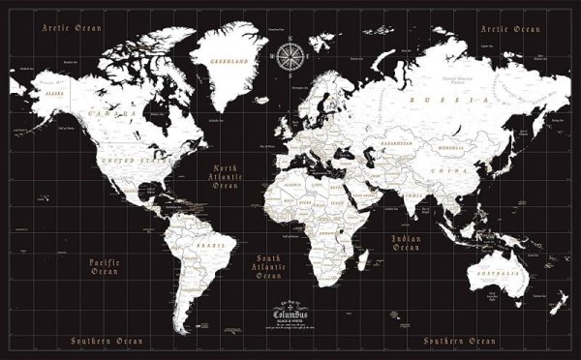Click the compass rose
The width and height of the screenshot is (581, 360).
click(x=289, y=57)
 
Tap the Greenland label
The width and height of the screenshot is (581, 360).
click(x=230, y=61)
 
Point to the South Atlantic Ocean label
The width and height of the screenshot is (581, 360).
click(x=268, y=266)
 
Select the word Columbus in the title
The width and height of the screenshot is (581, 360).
click(x=288, y=314)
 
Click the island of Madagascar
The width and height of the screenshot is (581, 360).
click(x=363, y=259)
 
